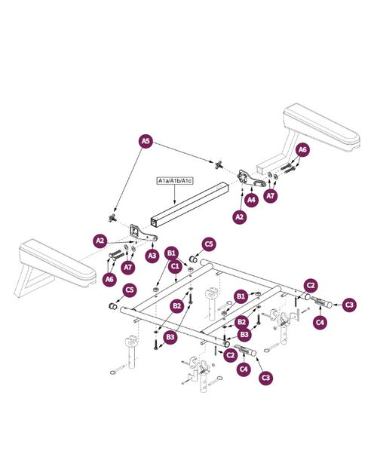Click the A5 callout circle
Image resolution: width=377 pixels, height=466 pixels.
pyautogui.click(x=146, y=141)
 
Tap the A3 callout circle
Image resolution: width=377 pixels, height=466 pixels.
pyautogui.click(x=152, y=256)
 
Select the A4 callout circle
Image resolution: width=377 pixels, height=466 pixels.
pyautogui.click(x=251, y=200)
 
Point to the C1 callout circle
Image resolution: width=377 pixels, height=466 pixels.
pyautogui.click(x=175, y=266)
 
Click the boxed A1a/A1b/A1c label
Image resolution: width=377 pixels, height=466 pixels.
pyautogui.click(x=175, y=181)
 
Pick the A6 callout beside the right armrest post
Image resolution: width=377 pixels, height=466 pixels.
pyautogui.click(x=302, y=150)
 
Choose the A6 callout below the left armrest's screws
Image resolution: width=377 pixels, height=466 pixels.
pyautogui.click(x=109, y=279)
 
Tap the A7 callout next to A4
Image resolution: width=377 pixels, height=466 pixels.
pyautogui.click(x=271, y=196)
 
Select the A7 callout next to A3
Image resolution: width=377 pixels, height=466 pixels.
pyautogui.click(x=128, y=267)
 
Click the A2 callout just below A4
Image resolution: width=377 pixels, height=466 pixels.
pyautogui.click(x=240, y=217)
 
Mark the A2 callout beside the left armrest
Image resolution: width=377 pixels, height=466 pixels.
pyautogui.click(x=100, y=241)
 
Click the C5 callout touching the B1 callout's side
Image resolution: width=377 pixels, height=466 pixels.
pyautogui.click(x=209, y=244)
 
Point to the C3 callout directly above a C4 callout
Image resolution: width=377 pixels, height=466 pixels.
pyautogui.click(x=349, y=305)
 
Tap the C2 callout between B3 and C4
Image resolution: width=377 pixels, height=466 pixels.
pyautogui.click(x=230, y=355)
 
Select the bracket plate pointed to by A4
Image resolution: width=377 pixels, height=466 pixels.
pyautogui.click(x=251, y=179)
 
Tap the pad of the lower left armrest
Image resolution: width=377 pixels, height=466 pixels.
pyautogui.click(x=58, y=262)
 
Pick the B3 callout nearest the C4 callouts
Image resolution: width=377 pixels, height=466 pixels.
pyautogui.click(x=244, y=335)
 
